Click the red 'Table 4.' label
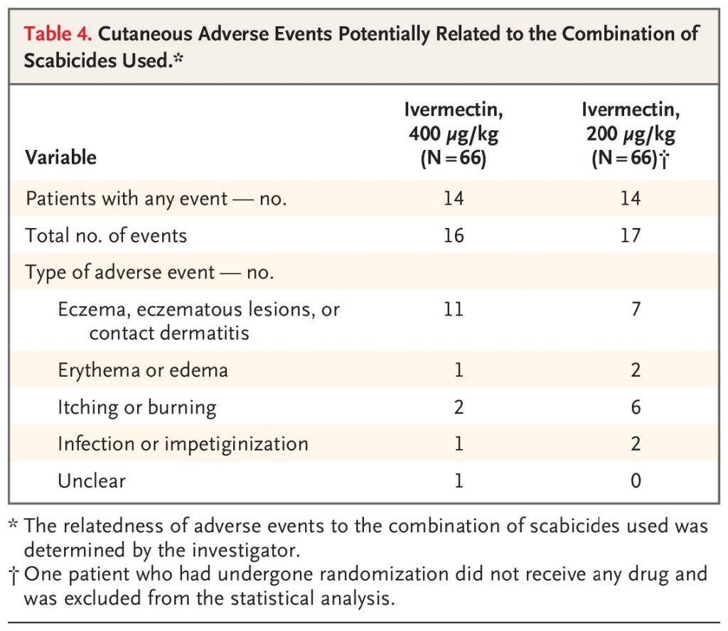(58, 34)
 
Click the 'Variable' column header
(61, 157)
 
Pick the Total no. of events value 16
(454, 236)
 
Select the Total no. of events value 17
(631, 236)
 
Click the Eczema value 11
(454, 309)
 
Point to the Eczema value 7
(636, 309)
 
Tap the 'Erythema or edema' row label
(143, 370)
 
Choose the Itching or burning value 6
(636, 407)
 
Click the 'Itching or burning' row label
(137, 407)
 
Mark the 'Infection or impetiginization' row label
(183, 444)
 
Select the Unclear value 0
(636, 480)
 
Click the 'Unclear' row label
(92, 480)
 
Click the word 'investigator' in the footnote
(245, 550)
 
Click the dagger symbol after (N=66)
(665, 160)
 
